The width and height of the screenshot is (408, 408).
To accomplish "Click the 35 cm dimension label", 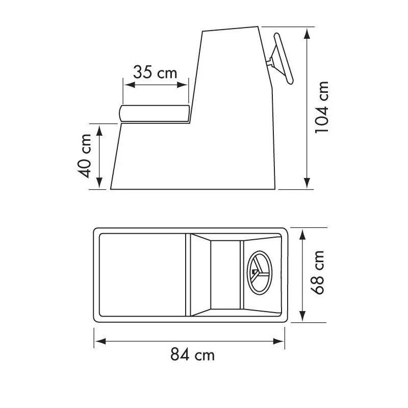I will click(155, 72).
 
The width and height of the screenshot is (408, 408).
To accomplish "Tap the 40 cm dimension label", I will click(85, 156).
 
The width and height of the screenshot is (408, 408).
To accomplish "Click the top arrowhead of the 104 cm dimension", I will click(307, 33).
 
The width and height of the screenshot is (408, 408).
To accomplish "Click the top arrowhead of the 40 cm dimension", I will click(99, 128).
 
